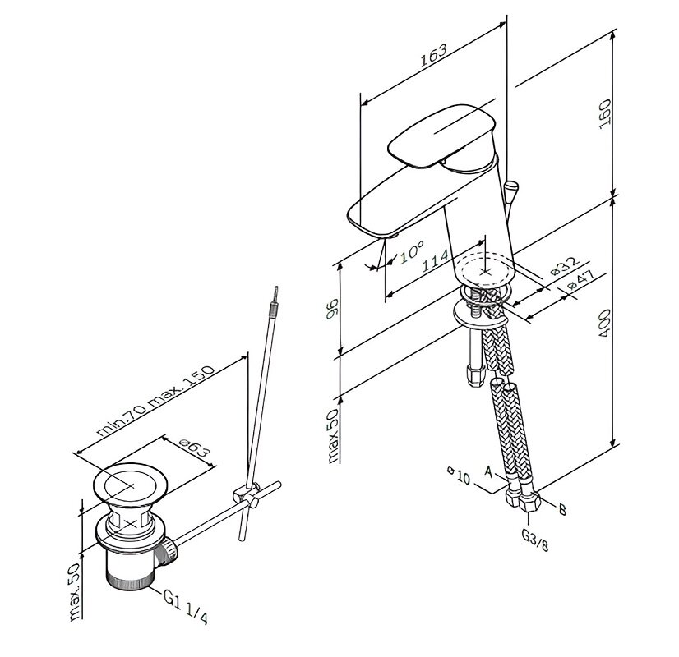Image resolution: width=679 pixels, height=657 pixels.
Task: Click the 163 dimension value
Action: pos(433,55)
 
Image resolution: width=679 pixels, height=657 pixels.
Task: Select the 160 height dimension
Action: pos(604,113)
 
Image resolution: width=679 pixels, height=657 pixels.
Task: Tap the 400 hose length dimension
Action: pos(604,324)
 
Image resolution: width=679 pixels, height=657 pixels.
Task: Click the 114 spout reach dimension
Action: pos(436,261)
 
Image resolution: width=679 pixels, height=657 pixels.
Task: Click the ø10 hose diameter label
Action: pos(459,476)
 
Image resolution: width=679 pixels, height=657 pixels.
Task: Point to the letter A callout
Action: pos(489,472)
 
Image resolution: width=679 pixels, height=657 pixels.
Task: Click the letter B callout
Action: pos(562,510)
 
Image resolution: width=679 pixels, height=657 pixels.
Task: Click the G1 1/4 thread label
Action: pos(186,607)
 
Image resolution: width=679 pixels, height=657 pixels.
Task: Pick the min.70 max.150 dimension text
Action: pos(155,401)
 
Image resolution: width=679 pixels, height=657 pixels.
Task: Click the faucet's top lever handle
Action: pos(441,136)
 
